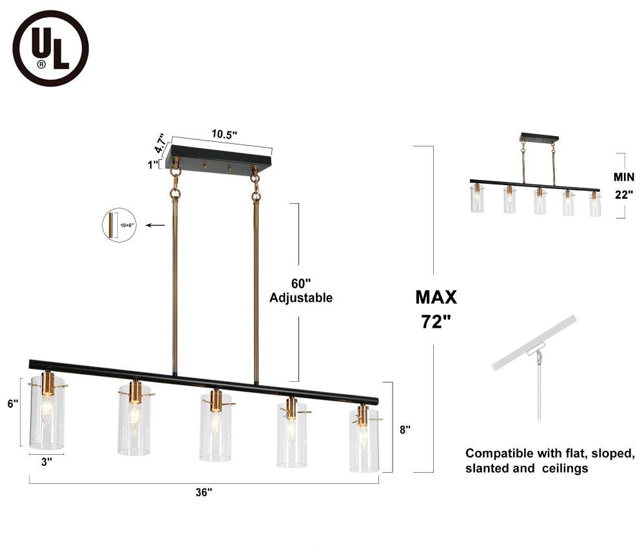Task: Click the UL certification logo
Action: point(50,49)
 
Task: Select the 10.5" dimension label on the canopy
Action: point(224,134)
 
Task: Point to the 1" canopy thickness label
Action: point(153,164)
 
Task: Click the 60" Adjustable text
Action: point(300,290)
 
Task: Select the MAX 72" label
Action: point(436,309)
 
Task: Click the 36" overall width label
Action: point(204,493)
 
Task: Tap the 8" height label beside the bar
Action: point(405,429)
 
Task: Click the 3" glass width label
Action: point(46,462)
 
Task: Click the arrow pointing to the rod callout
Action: point(155,225)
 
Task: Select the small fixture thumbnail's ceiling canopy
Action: point(539,138)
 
